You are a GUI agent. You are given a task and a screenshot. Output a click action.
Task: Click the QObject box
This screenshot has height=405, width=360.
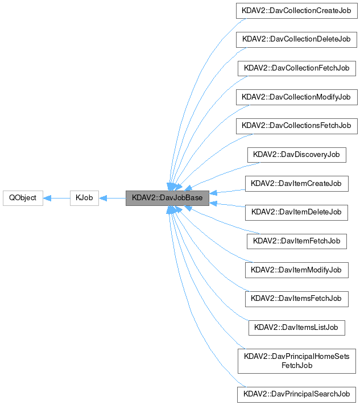point(23,198)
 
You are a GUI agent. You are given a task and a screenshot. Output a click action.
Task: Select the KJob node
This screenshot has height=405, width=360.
point(84,198)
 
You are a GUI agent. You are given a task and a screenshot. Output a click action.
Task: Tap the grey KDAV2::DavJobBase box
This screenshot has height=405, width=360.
point(167,198)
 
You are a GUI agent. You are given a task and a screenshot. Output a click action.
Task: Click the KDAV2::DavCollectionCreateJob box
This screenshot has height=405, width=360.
point(296,11)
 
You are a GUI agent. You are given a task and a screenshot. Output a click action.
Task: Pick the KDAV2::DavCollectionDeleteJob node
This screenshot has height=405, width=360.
point(296,40)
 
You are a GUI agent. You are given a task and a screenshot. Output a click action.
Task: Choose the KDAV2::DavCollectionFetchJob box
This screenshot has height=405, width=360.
point(296,68)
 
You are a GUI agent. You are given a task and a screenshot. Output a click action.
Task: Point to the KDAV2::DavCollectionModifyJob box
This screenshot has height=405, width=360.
point(296,97)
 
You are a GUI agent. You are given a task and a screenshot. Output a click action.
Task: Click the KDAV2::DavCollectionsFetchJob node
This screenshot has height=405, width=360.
point(296,126)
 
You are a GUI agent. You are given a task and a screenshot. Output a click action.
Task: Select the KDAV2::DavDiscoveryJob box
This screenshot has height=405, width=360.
point(296,154)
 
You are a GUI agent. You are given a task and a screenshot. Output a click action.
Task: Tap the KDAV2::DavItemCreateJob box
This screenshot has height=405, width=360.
point(296,183)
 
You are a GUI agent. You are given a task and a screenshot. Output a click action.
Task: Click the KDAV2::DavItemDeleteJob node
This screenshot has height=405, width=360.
point(296,212)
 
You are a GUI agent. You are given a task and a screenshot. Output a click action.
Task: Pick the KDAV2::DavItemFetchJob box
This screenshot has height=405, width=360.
point(296,241)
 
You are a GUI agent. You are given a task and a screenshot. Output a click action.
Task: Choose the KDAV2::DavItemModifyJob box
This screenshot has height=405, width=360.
point(296,270)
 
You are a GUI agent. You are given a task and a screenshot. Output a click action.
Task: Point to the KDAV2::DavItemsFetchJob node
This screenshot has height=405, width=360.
point(296,298)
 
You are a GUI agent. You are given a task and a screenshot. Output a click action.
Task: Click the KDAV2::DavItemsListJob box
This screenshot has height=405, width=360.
point(296,327)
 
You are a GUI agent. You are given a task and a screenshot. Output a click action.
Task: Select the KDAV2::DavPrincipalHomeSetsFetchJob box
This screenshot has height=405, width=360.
point(296,360)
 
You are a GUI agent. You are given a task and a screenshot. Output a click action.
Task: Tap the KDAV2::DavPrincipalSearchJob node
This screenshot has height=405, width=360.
point(296,394)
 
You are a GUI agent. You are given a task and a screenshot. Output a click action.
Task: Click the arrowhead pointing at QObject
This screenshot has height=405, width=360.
point(48,198)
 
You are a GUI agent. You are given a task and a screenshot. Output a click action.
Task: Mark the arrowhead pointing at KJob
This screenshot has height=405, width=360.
point(104,198)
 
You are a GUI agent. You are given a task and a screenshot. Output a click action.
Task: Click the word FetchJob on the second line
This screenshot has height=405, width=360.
point(296,365)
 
